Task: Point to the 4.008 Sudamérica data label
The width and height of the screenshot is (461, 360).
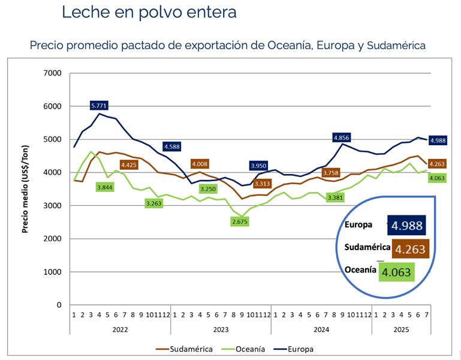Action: [199, 164]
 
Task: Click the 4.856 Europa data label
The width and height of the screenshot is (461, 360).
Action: [341, 137]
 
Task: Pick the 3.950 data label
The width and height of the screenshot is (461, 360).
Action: [258, 165]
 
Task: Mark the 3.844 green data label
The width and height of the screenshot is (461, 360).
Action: [106, 187]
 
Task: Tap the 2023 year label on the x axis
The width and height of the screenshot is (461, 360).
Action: [220, 329]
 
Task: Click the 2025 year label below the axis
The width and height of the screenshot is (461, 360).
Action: [400, 329]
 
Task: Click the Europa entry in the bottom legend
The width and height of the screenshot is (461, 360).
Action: [299, 349]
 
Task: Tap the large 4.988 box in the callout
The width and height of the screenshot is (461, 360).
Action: [406, 226]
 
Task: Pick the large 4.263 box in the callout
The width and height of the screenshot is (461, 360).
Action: [411, 248]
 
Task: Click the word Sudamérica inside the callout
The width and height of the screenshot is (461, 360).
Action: [366, 247]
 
